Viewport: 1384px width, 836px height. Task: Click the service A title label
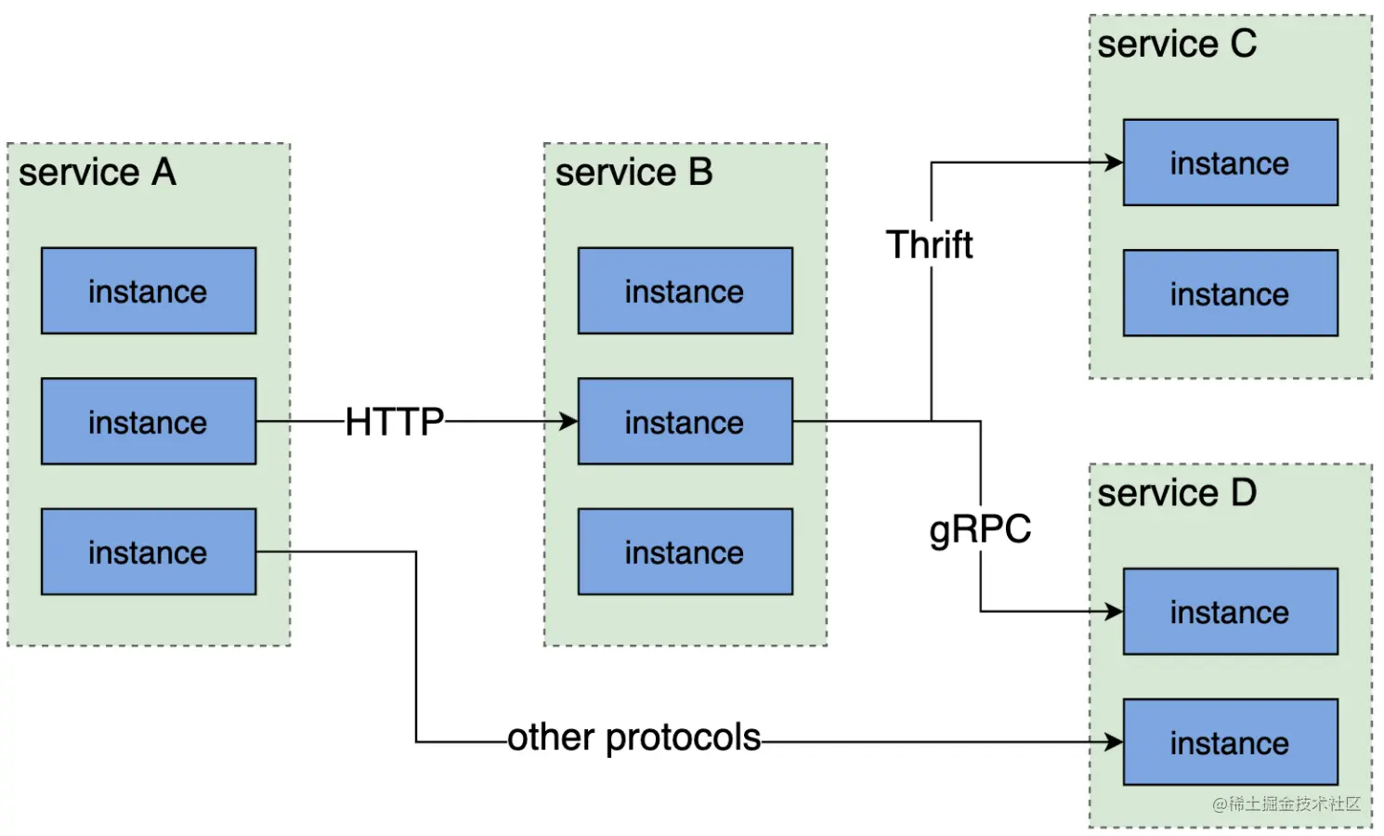coord(98,173)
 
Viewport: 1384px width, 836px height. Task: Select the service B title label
coord(633,173)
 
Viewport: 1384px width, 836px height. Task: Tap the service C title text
coord(1176,44)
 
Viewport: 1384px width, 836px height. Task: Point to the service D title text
coord(1176,493)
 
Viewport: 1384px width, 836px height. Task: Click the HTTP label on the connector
coord(395,422)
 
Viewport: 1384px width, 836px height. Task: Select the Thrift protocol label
coord(929,245)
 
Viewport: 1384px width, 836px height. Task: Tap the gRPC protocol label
coord(980,529)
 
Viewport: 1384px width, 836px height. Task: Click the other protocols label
coord(633,738)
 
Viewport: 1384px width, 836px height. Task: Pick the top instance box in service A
coord(149,291)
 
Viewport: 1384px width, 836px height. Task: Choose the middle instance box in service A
coord(149,421)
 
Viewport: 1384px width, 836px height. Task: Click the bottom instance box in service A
coord(149,552)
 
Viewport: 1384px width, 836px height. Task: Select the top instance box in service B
coord(685,291)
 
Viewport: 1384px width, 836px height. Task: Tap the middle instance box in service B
coord(685,421)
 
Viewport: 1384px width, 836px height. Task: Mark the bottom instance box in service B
coord(685,552)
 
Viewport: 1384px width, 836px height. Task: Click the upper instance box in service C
coord(1230,163)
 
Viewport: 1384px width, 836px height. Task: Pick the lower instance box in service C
coord(1230,293)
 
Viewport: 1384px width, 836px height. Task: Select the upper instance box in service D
coord(1230,611)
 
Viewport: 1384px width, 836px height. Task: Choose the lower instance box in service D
coord(1230,742)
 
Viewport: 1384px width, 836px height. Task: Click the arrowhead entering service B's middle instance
coord(568,422)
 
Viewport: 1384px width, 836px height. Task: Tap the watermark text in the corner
coord(1286,803)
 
